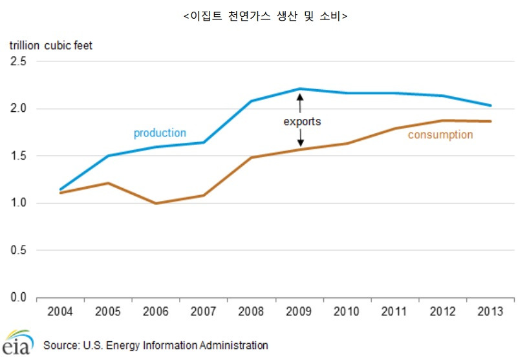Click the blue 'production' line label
click(160, 133)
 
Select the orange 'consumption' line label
click(440, 135)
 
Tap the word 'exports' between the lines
click(302, 121)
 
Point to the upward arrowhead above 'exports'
click(300, 98)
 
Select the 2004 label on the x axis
click(60, 312)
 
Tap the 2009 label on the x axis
click(299, 312)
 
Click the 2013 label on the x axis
click(490, 312)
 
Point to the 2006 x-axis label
click(156, 312)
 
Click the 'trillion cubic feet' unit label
click(50, 45)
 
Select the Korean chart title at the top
click(264, 17)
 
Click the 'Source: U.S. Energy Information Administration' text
click(156, 345)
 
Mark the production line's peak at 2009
click(300, 89)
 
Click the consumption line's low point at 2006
click(156, 204)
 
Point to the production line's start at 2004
click(60, 189)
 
